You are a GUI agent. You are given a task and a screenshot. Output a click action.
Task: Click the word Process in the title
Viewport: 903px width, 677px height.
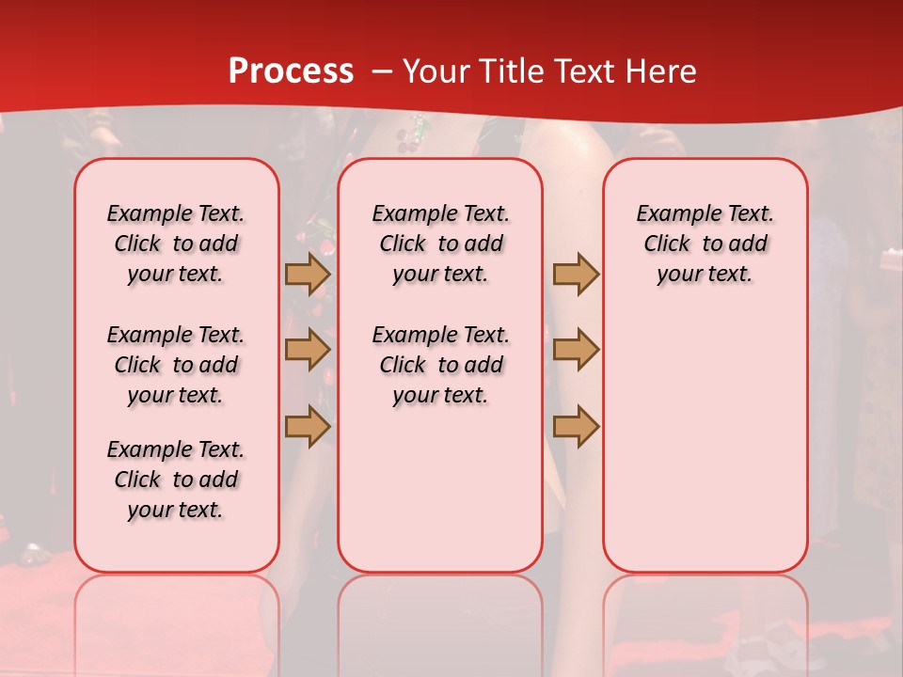tap(291, 71)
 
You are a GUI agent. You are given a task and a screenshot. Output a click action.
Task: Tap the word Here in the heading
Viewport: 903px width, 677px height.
tap(661, 71)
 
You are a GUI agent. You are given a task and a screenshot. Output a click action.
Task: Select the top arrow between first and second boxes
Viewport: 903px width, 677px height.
tap(308, 275)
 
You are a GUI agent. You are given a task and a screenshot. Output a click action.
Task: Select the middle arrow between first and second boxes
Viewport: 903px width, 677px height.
tap(308, 350)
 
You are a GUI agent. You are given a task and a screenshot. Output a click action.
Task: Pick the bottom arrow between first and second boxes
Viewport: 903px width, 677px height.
tap(308, 426)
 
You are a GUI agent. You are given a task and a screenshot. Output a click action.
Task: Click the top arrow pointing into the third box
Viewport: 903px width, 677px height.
tap(576, 275)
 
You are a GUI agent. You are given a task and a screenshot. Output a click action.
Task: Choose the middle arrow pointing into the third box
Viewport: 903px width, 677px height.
tap(576, 350)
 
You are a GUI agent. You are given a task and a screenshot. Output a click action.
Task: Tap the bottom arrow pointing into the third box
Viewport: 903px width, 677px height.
tap(576, 426)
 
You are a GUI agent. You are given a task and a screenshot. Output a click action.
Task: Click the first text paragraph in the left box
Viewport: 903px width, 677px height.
tap(176, 244)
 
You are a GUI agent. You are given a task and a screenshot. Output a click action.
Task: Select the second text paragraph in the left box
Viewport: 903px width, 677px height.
tap(176, 365)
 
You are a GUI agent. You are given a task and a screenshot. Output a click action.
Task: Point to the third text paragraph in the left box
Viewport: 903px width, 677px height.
tap(176, 480)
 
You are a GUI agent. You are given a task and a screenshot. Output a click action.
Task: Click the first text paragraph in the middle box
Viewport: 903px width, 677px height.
tap(440, 244)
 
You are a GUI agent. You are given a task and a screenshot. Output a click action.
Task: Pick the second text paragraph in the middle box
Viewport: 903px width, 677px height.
tap(440, 365)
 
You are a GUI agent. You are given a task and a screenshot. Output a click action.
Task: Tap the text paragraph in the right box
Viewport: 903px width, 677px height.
tap(705, 244)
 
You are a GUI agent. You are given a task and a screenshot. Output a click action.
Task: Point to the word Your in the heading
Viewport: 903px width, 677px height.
tap(435, 71)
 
